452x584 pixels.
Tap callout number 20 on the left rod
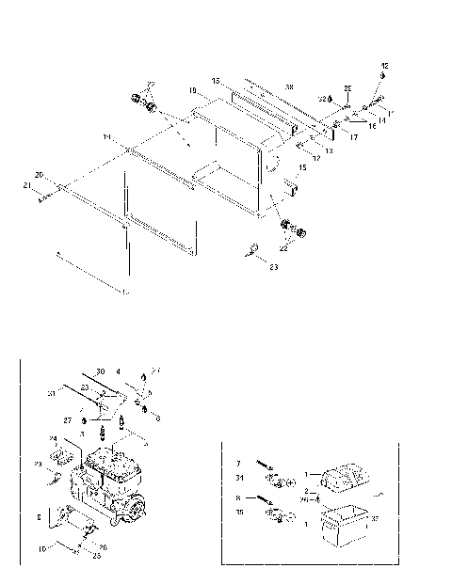(x=39, y=175)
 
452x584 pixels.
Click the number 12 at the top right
(x=383, y=64)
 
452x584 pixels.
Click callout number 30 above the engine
(x=100, y=371)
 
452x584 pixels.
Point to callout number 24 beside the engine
(x=54, y=438)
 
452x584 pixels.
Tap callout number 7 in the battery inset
(x=240, y=464)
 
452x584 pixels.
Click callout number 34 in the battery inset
(x=240, y=476)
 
